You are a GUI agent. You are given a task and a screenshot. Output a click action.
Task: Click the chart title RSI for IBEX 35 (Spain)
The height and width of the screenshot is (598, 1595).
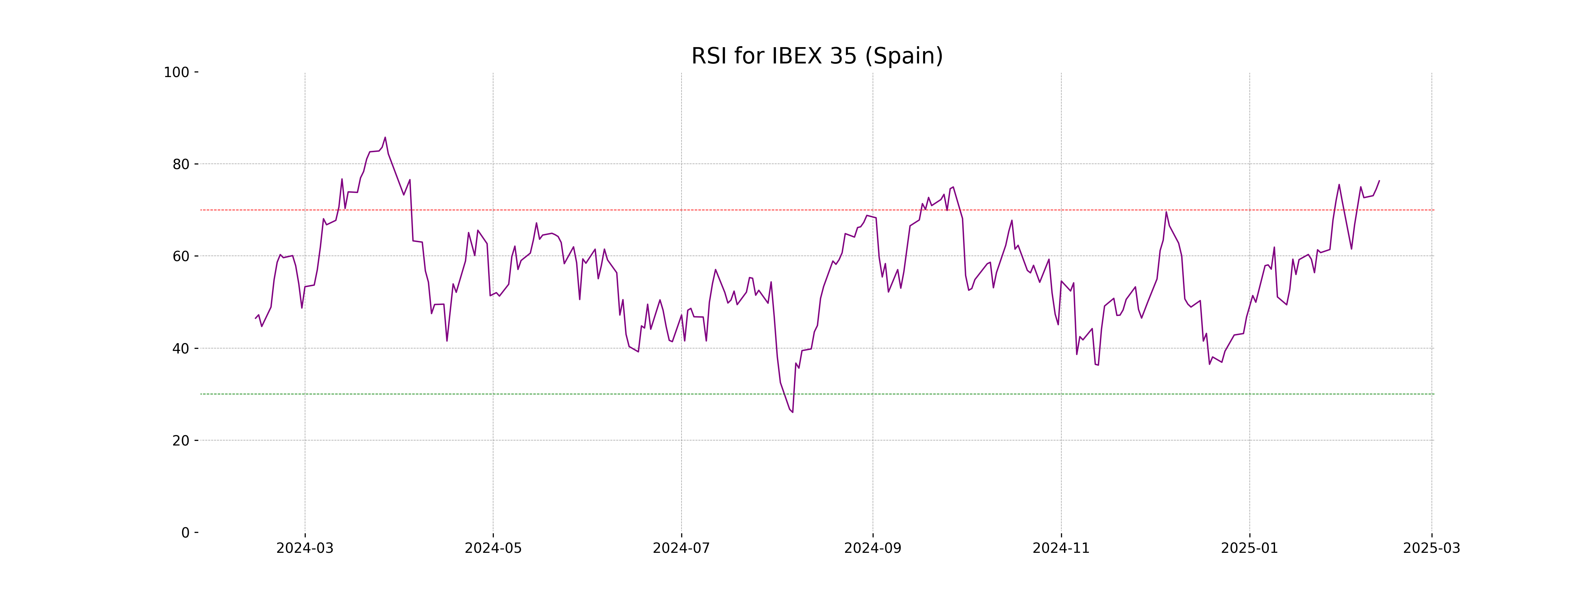817,56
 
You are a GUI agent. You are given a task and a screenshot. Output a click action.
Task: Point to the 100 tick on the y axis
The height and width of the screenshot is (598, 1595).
176,72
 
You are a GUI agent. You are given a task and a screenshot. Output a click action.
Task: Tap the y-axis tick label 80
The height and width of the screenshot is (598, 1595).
181,164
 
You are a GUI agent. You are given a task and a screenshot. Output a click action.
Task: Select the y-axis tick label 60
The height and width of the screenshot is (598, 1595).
181,256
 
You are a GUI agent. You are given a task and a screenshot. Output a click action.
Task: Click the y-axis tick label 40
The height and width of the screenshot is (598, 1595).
181,349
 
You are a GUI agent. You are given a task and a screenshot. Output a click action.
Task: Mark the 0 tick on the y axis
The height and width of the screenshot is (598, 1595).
185,532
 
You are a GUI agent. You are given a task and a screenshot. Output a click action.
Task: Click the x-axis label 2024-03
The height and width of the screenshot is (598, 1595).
305,548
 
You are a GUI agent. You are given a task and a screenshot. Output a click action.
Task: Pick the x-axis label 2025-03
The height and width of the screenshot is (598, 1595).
1432,548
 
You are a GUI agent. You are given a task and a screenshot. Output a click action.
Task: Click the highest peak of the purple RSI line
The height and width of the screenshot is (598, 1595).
385,138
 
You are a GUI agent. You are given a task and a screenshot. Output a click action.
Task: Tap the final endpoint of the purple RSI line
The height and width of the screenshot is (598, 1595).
1379,181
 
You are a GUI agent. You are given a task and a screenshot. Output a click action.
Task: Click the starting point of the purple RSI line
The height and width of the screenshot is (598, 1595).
256,318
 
